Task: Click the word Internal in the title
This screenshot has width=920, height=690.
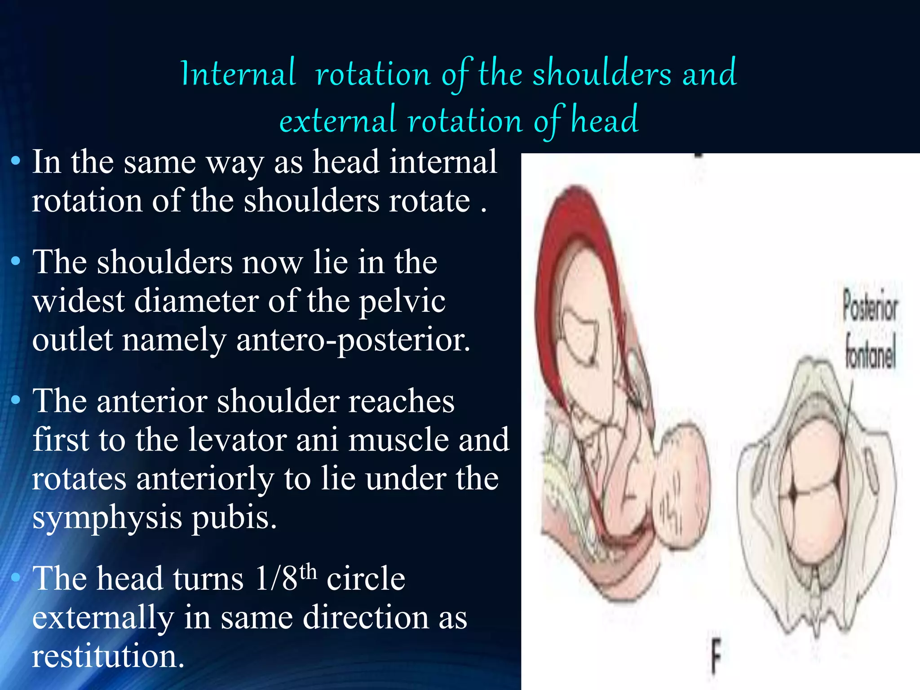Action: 238,74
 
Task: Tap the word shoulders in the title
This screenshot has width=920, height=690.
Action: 602,74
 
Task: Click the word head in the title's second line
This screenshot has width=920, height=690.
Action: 604,120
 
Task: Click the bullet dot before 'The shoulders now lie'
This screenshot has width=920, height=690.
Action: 16,261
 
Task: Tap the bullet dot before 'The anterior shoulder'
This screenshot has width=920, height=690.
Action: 16,400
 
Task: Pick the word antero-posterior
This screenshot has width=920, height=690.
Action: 353,340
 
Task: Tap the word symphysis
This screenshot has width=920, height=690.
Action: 107,518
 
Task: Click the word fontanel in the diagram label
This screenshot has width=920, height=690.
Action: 870,353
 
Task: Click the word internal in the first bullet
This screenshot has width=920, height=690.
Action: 443,162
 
